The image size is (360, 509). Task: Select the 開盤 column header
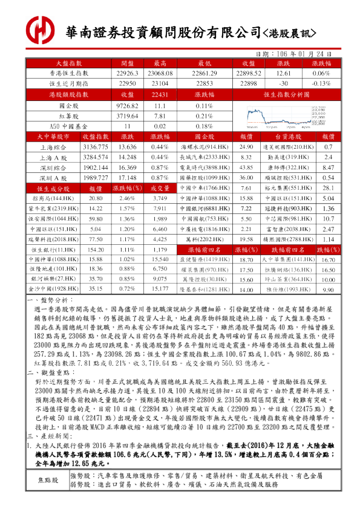pos(127,63)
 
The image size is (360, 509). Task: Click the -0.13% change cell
pos(321,83)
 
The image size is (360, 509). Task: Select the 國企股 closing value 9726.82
pos(127,105)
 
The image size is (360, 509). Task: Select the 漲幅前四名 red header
pos(202,249)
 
